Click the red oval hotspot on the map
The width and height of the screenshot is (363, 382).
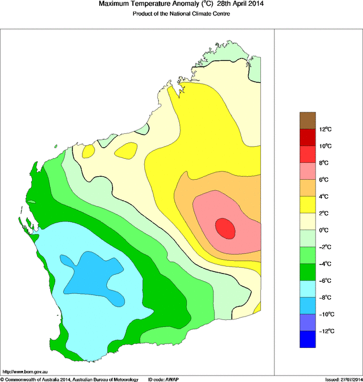226,228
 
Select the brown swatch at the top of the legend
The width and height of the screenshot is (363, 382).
307,120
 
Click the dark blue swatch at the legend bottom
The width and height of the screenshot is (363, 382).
307,339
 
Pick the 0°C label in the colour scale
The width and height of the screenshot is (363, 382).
324,230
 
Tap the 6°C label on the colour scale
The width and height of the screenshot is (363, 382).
324,180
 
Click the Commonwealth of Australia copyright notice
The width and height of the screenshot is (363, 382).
70,379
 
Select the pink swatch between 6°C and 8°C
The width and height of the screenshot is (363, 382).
307,171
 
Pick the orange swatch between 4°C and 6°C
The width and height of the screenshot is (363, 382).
307,188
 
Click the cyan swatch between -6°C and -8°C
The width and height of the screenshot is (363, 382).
307,289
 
